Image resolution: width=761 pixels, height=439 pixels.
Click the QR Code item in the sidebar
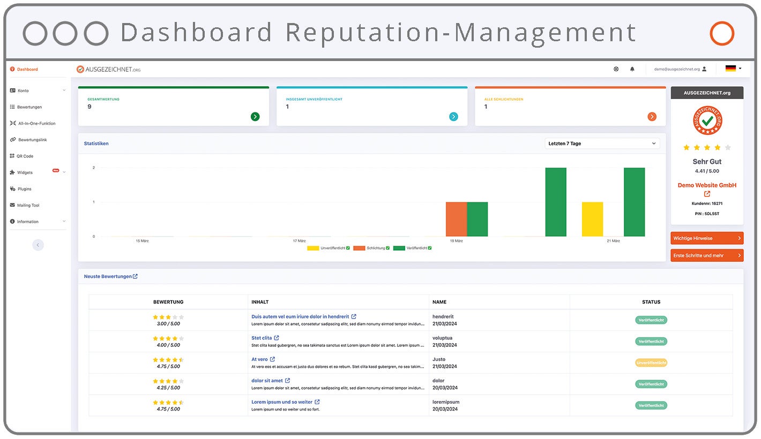(x=25, y=156)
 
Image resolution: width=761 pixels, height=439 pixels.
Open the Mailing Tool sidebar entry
(x=28, y=206)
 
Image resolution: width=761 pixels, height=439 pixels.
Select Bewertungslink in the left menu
(x=32, y=140)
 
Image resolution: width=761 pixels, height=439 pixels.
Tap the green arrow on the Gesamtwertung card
(x=255, y=117)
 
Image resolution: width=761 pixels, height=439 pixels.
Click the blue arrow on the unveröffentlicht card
(x=453, y=117)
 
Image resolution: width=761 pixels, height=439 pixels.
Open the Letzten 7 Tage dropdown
(x=602, y=143)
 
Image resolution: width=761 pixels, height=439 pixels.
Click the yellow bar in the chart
(x=592, y=219)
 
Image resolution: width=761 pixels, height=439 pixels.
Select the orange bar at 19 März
(x=456, y=219)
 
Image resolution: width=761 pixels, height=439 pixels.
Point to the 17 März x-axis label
(x=299, y=241)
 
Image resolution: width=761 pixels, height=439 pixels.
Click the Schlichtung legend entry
(x=375, y=248)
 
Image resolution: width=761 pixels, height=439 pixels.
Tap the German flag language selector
(x=733, y=69)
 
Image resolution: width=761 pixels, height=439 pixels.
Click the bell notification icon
(x=632, y=69)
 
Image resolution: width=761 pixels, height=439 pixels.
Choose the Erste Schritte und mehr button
(x=707, y=255)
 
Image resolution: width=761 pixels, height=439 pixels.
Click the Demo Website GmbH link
(x=707, y=185)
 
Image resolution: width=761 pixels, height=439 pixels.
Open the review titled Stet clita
(x=262, y=338)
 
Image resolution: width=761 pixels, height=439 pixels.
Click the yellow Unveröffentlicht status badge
(x=651, y=363)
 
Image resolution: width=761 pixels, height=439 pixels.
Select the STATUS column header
(x=651, y=302)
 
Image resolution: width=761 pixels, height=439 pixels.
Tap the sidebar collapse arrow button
(x=38, y=245)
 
